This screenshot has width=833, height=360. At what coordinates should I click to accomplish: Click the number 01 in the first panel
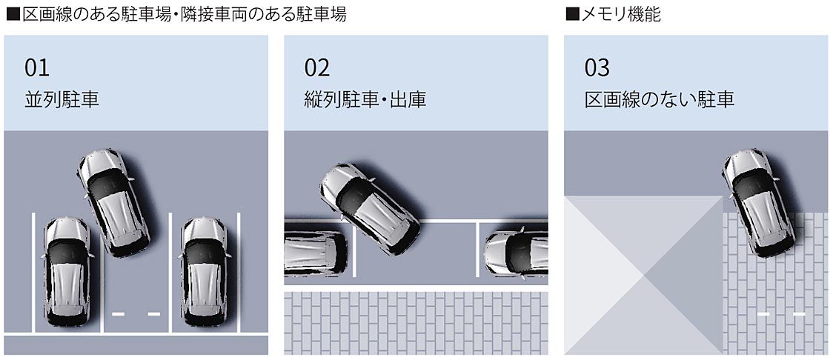tap(36, 68)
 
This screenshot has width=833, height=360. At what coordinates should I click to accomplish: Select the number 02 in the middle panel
tap(317, 68)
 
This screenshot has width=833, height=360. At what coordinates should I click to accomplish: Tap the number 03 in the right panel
tap(597, 68)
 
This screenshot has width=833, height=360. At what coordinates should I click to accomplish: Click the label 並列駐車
tap(62, 100)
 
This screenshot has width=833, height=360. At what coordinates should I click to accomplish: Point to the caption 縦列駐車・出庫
tap(365, 100)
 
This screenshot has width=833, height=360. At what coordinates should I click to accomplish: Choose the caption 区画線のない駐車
tap(660, 100)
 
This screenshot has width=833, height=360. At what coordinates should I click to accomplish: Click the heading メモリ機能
tap(621, 14)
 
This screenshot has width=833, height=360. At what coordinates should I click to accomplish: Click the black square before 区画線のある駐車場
tap(13, 15)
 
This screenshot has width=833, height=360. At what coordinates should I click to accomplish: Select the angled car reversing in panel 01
tap(113, 201)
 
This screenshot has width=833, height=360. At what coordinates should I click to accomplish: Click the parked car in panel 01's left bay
tap(67, 271)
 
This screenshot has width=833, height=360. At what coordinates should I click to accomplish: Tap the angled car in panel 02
tap(371, 208)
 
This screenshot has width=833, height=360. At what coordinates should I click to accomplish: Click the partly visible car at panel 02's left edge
tap(316, 252)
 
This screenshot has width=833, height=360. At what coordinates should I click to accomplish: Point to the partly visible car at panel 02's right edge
tap(516, 252)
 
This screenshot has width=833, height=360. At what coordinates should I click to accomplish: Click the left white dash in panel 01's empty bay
tap(119, 314)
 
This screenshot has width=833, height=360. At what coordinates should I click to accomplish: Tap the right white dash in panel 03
tap(799, 314)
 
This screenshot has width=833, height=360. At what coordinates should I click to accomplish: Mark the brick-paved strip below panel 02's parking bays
tap(416, 323)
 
